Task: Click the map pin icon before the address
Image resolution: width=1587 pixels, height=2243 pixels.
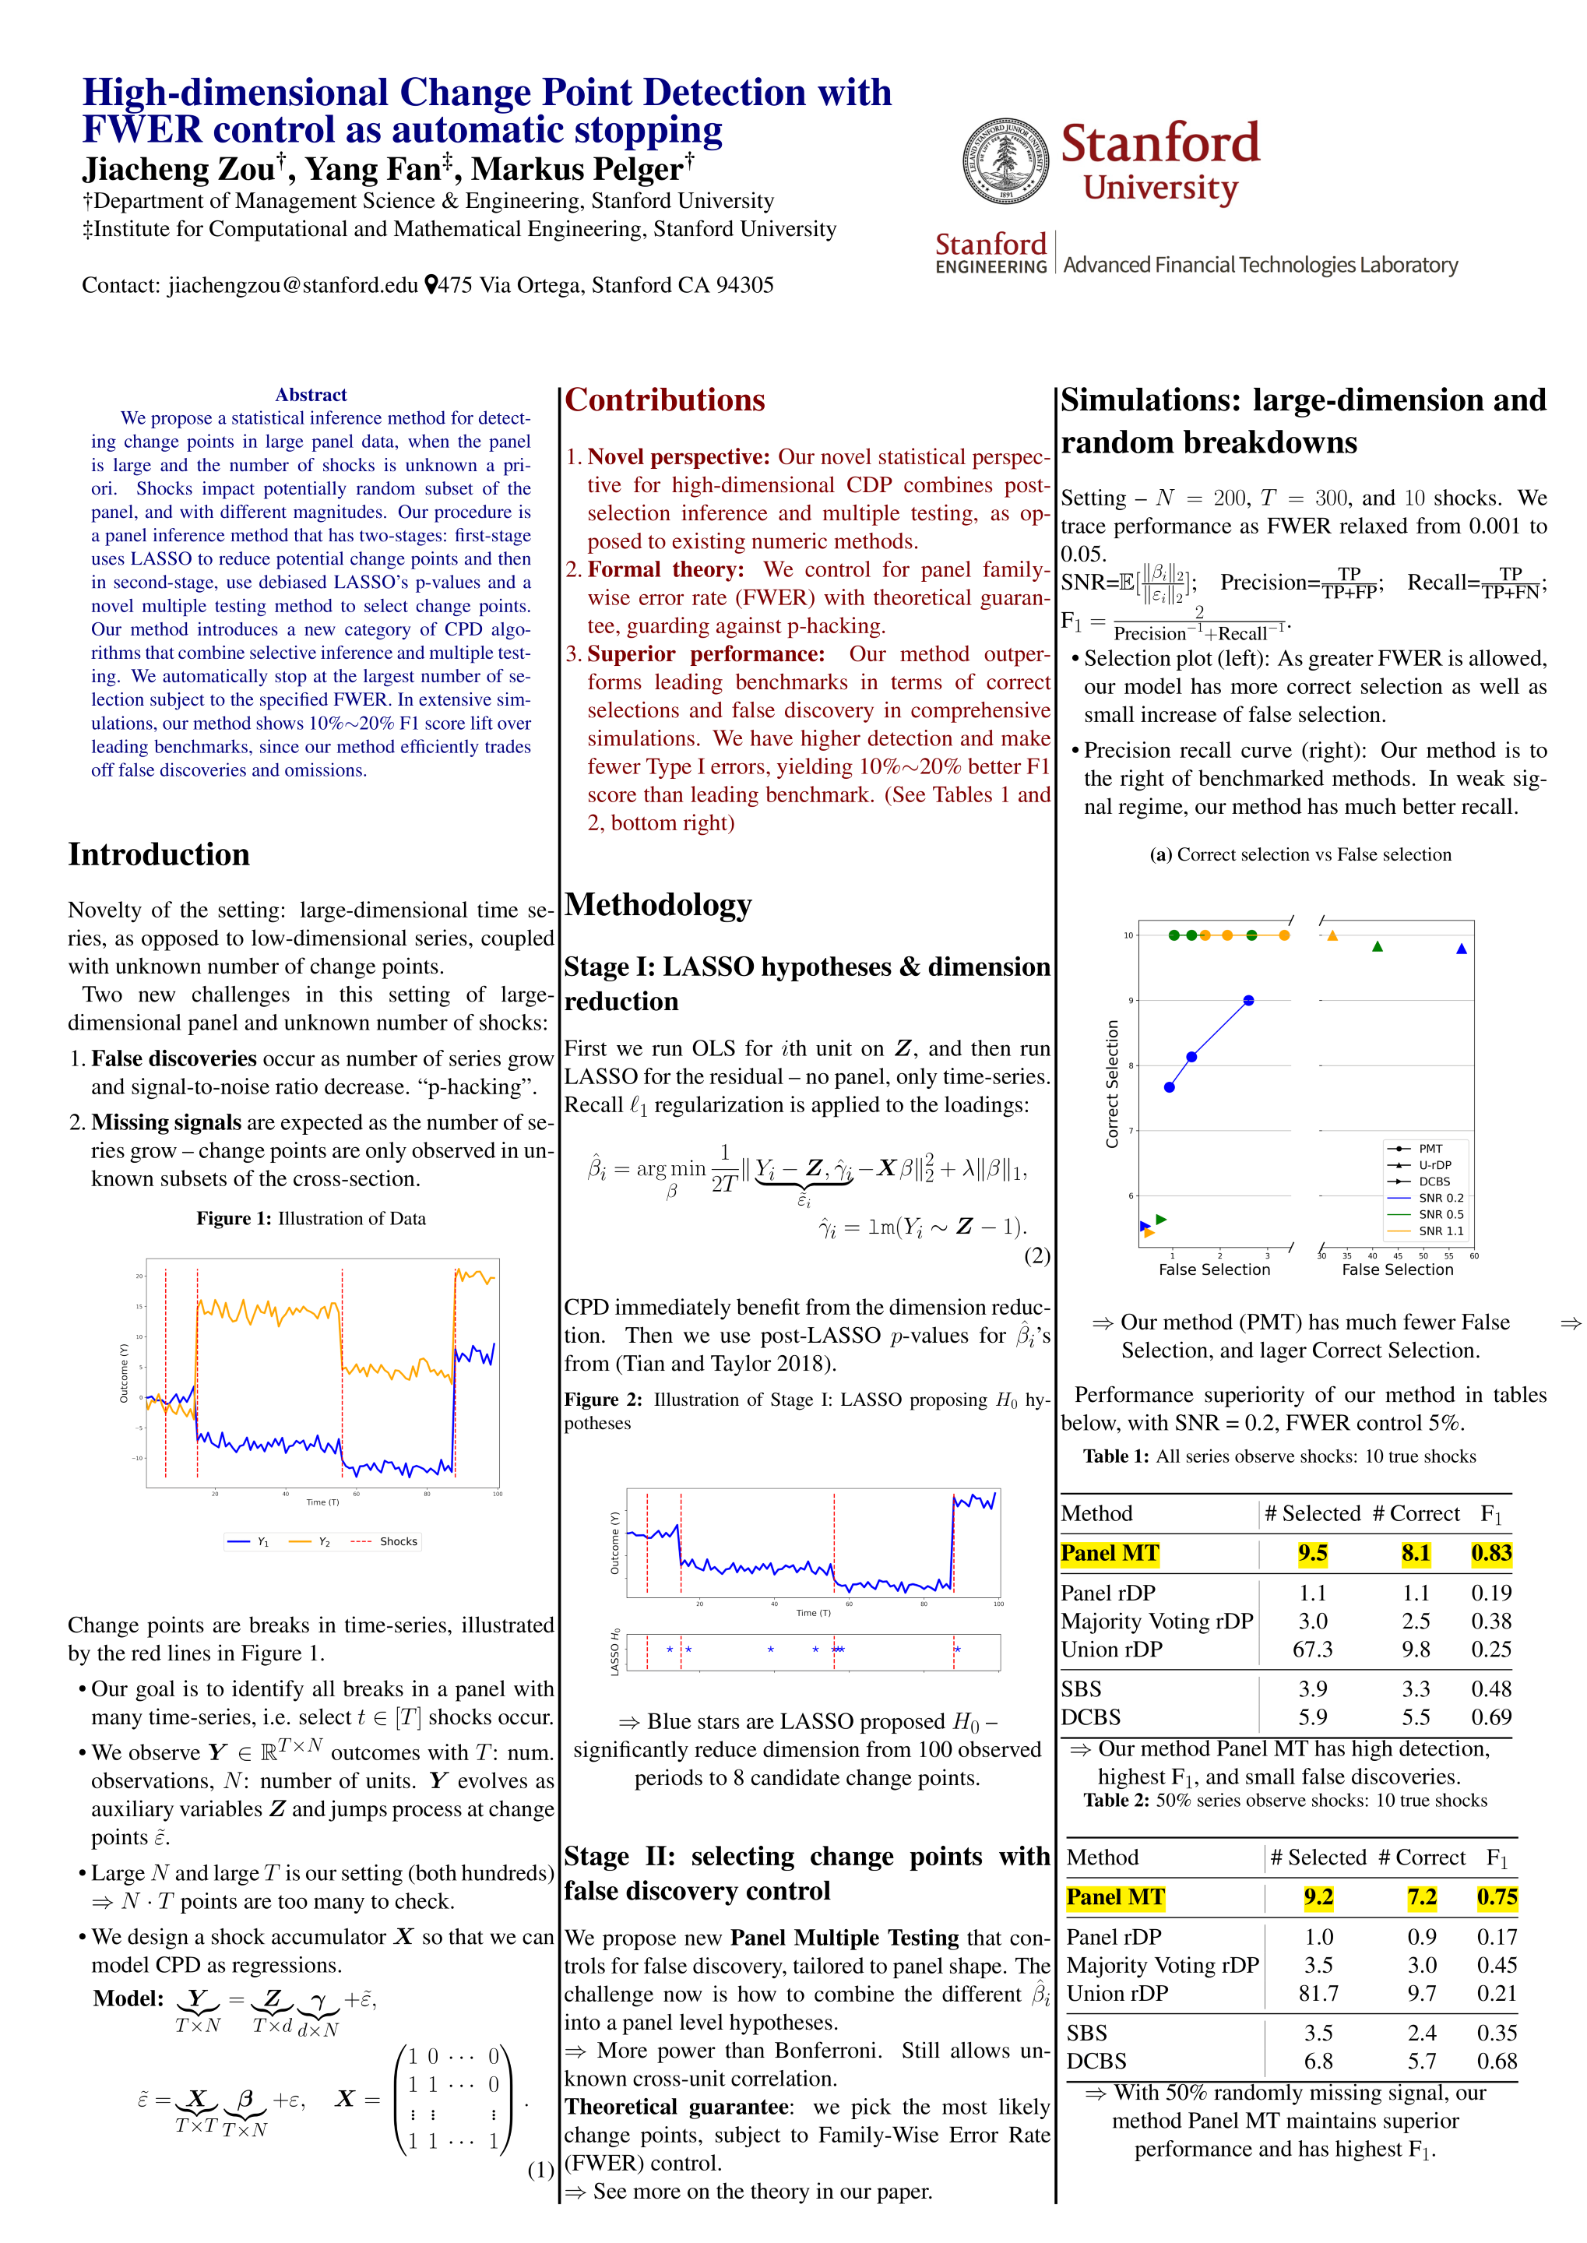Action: (430, 285)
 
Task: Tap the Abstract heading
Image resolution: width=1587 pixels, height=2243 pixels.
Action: (311, 395)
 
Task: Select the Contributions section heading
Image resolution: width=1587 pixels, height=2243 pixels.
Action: (664, 401)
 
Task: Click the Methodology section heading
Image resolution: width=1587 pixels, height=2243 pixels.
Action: (658, 905)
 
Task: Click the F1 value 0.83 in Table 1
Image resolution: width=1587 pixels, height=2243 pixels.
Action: (1491, 1553)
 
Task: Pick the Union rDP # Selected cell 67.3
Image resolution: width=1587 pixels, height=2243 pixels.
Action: (1312, 1649)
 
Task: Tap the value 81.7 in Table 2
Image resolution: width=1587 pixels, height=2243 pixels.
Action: (1318, 1993)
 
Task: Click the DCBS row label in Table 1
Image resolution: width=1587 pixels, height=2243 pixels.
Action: (1090, 1717)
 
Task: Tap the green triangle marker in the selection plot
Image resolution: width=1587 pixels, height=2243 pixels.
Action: (1377, 947)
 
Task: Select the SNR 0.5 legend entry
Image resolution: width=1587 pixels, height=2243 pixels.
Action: (1441, 1215)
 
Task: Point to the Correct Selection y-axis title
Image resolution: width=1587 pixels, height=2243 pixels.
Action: (1112, 1083)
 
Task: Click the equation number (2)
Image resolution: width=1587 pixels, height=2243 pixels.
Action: (1036, 1256)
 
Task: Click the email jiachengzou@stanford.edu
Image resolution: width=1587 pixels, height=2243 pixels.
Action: (292, 285)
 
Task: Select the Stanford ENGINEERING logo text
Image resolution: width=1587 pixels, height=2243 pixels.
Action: (991, 253)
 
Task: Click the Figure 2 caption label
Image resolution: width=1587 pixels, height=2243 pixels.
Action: (603, 1400)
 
